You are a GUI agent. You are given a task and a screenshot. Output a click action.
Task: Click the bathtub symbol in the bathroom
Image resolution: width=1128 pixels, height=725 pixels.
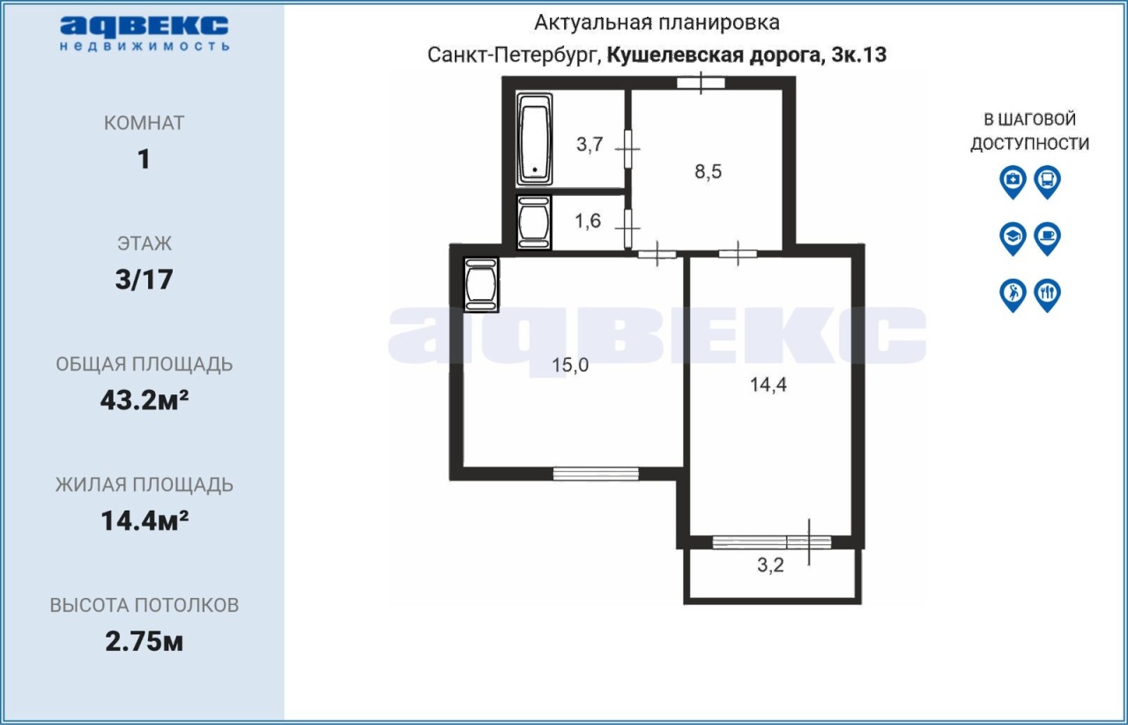(x=534, y=139)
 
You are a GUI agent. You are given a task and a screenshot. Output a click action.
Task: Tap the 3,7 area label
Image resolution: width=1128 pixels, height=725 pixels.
(x=590, y=145)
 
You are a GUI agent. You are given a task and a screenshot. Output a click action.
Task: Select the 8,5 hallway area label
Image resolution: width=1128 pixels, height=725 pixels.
(x=708, y=172)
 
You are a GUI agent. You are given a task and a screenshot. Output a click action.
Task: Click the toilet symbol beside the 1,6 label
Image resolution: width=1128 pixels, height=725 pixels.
(x=534, y=222)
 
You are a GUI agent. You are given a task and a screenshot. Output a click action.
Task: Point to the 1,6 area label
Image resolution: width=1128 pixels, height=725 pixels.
(x=588, y=220)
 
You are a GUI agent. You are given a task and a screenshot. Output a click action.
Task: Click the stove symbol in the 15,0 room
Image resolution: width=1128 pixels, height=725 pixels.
(x=481, y=285)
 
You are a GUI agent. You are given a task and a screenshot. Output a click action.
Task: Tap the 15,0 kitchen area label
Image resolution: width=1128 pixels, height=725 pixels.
(x=570, y=365)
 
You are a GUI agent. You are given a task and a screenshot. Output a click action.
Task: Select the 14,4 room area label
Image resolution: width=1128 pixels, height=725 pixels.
(x=768, y=385)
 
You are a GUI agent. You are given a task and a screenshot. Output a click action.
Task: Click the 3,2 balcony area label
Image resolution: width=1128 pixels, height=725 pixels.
(x=770, y=565)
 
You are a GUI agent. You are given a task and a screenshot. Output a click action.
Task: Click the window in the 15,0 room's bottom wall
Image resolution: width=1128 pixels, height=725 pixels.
(x=596, y=474)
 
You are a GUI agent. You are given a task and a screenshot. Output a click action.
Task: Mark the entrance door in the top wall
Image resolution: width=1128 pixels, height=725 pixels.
(x=701, y=83)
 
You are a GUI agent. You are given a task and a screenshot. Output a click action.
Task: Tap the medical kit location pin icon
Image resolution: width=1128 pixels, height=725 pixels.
(x=1013, y=182)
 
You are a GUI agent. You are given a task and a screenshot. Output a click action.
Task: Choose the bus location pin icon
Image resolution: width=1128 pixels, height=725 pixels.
(x=1048, y=182)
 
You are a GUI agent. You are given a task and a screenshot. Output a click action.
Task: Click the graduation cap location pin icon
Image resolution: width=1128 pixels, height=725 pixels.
(x=1013, y=238)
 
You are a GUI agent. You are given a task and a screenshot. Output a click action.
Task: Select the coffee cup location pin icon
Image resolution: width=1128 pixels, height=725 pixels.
(x=1048, y=238)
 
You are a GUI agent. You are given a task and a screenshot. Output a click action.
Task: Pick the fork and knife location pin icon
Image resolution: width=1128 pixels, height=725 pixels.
(x=1048, y=295)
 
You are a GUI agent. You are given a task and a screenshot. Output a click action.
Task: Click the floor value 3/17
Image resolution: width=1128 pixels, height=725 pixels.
(x=144, y=280)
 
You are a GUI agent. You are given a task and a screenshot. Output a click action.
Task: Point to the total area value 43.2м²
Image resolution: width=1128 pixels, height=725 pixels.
(x=145, y=400)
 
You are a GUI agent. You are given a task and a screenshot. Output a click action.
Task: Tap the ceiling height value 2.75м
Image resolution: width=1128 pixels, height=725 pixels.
(x=144, y=641)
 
